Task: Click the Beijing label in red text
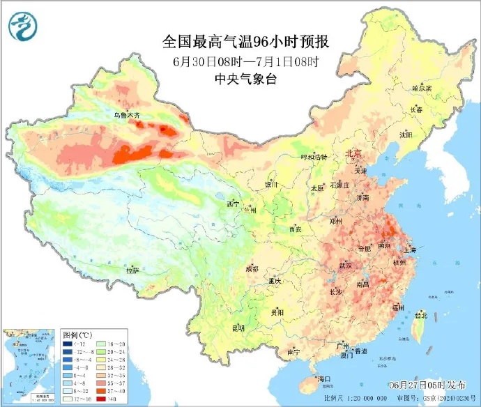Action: point(353,154)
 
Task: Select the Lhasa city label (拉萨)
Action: point(132,270)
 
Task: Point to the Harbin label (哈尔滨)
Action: point(422,89)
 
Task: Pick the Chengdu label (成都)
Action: point(251,268)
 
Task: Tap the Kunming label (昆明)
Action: point(238,328)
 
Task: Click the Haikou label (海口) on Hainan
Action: point(323,378)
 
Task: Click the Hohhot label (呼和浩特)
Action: point(313,158)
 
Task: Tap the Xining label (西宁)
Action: point(233,204)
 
